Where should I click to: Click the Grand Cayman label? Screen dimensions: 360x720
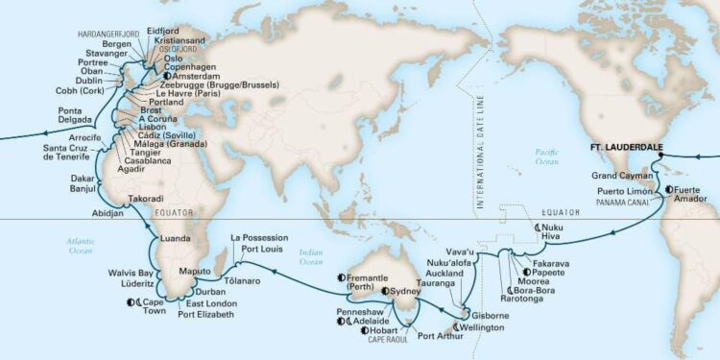tap(616, 175)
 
